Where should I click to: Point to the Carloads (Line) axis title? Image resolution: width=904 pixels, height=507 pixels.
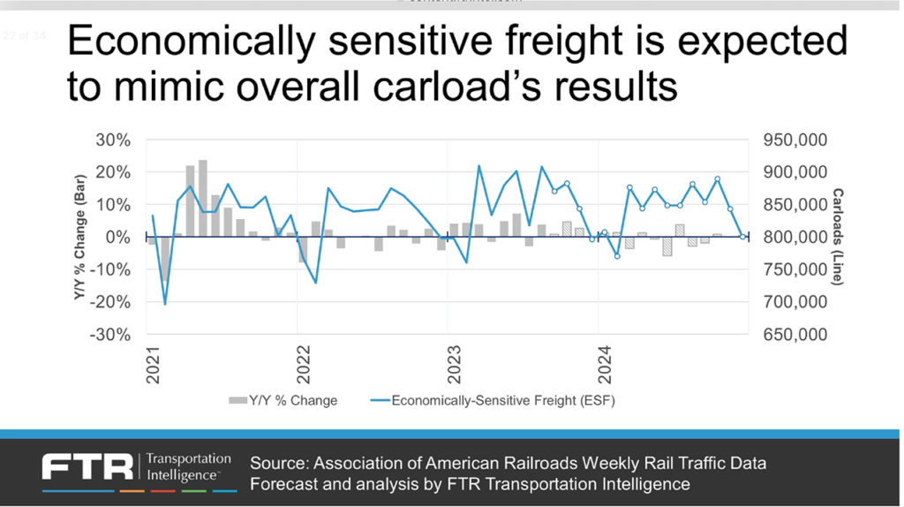coord(838,237)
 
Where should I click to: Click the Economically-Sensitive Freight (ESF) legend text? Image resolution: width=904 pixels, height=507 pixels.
coord(502,400)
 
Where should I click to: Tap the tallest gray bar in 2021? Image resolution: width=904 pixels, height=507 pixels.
coord(203,198)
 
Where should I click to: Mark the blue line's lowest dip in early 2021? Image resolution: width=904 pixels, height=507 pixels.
coord(165,304)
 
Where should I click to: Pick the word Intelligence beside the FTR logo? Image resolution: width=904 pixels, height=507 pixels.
coord(180,474)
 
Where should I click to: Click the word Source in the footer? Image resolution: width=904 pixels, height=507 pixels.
coord(277,463)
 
